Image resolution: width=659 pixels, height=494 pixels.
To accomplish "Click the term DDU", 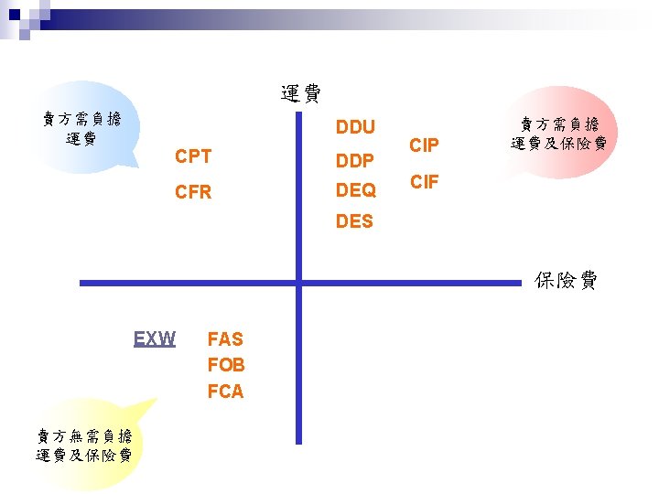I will pos(355,126).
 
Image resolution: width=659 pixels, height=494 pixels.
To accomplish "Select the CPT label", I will pos(193,156).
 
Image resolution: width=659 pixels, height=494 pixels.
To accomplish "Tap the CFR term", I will pos(193,192).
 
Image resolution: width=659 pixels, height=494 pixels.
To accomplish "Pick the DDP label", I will pos(355,161).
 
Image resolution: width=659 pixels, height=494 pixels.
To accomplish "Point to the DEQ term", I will pos(356,190).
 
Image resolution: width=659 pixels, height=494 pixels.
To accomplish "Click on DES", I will pos(354,221).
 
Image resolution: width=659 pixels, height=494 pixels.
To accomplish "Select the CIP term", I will pos(424,145).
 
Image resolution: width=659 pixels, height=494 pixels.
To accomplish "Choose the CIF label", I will pos(424,182).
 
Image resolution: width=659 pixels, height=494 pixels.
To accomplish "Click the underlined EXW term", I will pos(155,339).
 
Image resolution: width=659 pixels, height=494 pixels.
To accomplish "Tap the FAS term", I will pos(225,339).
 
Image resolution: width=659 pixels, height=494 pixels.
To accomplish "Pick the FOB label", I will pos(226,365).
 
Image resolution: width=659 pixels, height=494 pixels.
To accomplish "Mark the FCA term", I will pos(226,392).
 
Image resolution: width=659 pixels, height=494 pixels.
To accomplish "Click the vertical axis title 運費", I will pos(300,92).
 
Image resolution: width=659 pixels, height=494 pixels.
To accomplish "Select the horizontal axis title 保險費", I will pos(566,281).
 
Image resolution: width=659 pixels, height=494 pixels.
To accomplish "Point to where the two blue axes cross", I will pos(298,284).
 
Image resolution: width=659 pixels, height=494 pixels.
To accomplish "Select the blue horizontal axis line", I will pos(183,284).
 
